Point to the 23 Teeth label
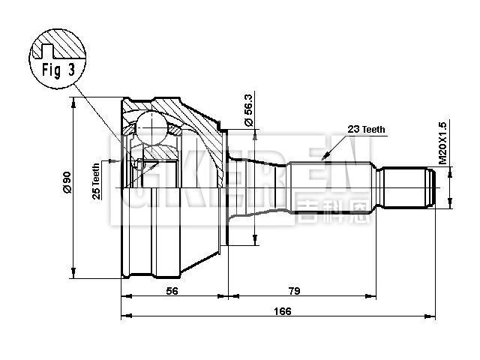[366, 129]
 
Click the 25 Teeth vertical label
[96, 182]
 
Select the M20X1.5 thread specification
[442, 143]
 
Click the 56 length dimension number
[172, 292]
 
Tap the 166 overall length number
[280, 310]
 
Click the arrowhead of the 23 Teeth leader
[324, 157]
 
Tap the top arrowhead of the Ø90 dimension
[74, 102]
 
